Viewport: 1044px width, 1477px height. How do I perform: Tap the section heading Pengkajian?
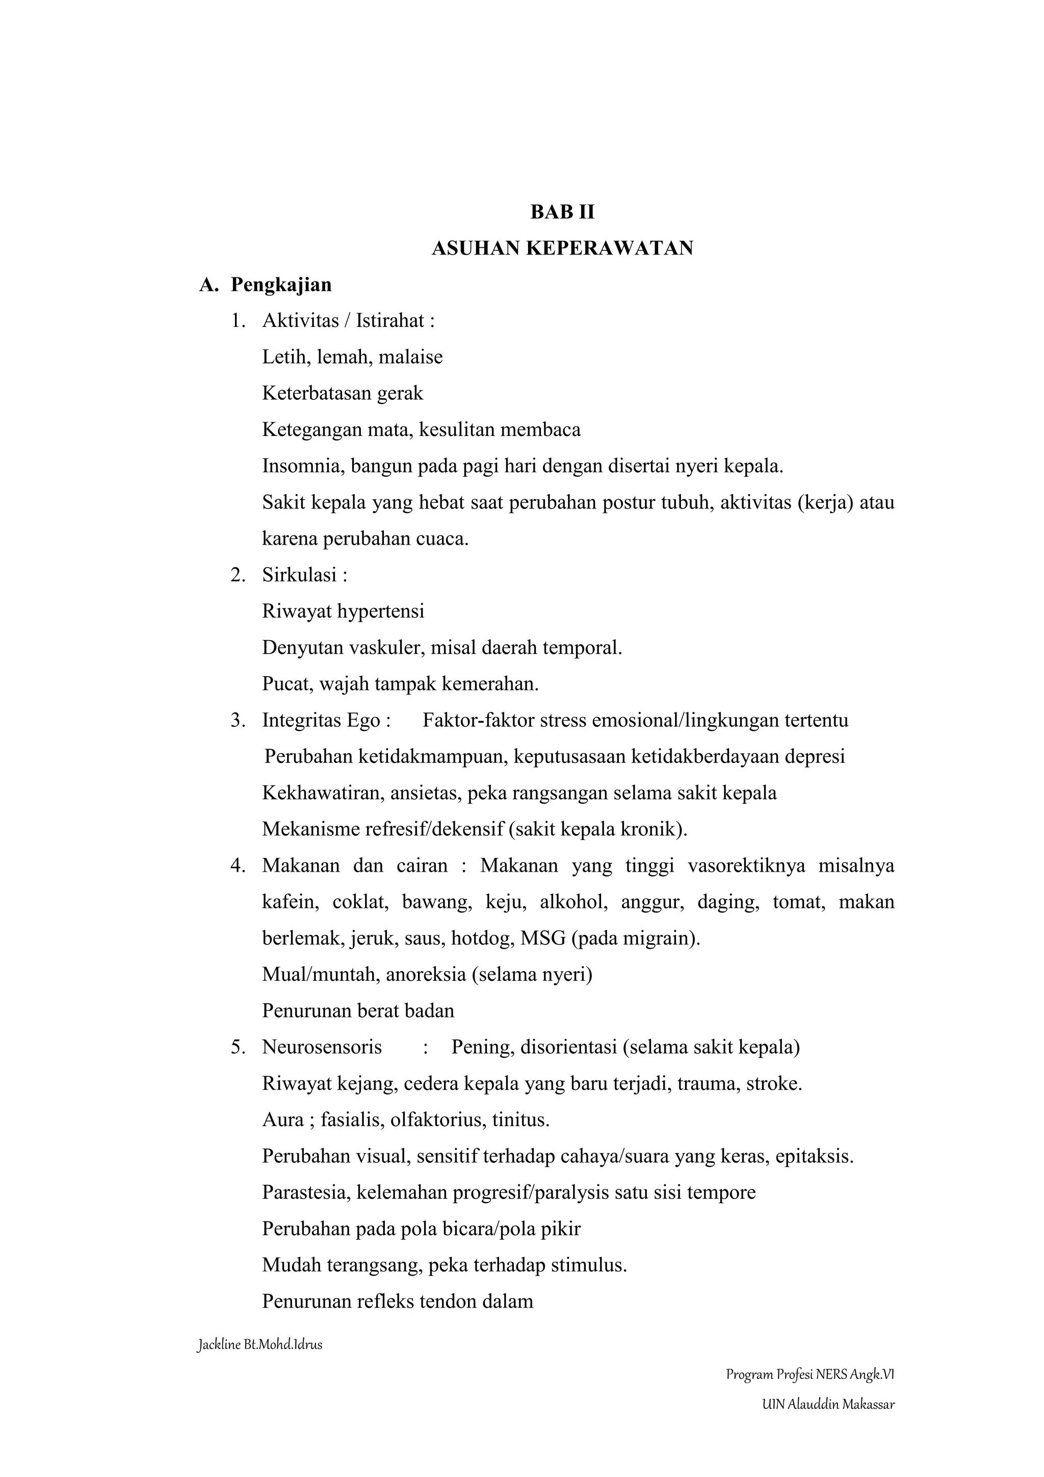(281, 285)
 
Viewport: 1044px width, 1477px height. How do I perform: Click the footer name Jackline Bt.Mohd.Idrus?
(259, 1344)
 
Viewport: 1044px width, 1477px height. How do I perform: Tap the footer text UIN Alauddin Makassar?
(828, 1404)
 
